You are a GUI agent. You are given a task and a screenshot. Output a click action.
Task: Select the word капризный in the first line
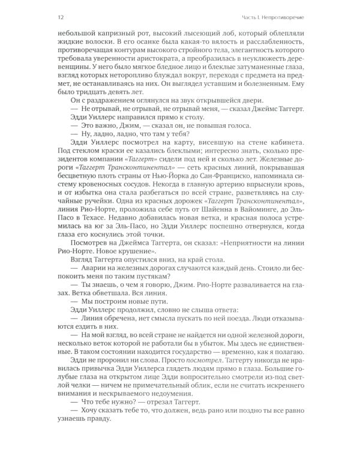click(111, 35)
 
